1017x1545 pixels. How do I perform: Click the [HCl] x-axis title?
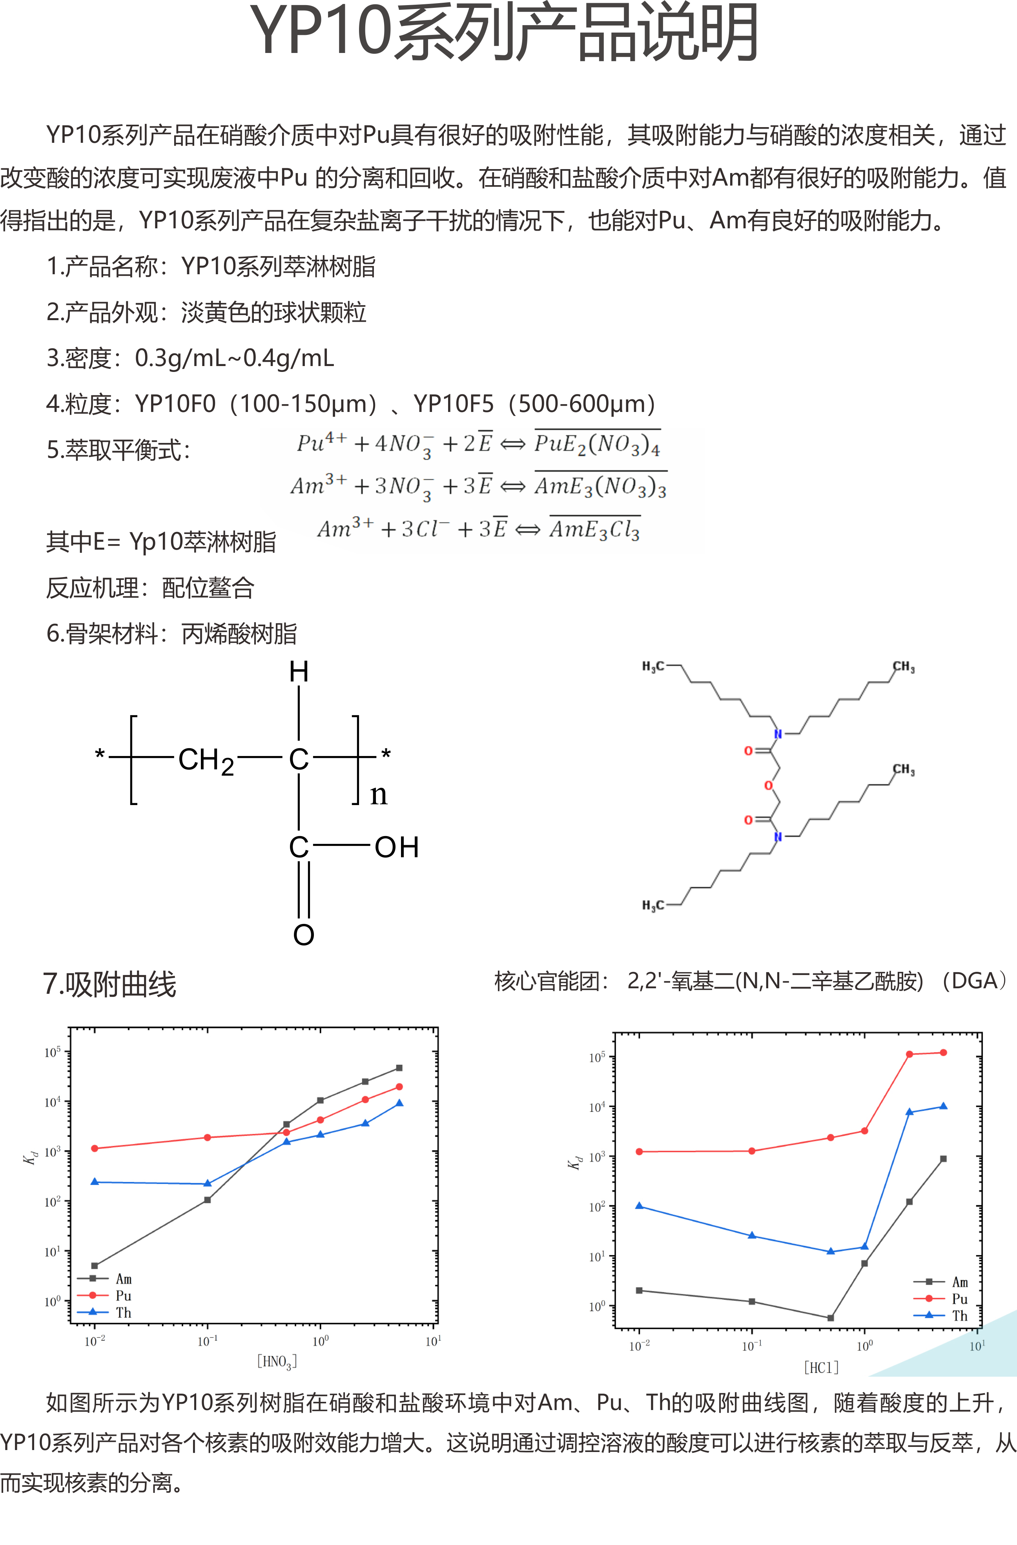[821, 1367]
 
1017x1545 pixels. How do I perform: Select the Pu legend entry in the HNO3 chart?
[123, 1295]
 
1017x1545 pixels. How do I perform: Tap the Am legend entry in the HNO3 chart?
[123, 1279]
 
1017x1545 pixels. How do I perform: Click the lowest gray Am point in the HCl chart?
[831, 1318]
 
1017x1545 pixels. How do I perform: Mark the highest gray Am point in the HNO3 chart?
[399, 1068]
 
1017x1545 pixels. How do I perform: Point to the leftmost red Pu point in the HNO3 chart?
[95, 1148]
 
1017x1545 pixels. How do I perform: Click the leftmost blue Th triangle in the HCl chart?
[639, 1206]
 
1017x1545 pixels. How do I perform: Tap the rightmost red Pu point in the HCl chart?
[943, 1052]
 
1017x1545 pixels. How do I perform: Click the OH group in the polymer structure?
[397, 847]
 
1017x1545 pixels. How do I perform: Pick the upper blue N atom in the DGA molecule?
[778, 734]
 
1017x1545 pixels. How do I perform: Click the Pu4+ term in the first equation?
[321, 443]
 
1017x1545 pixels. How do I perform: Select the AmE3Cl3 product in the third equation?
[594, 530]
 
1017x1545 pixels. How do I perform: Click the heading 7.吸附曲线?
[110, 984]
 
